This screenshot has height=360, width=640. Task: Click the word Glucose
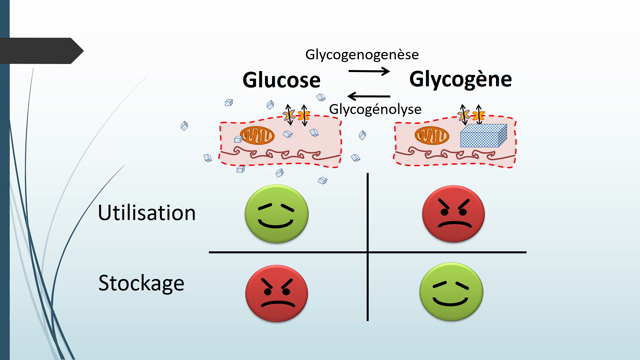[x=281, y=80]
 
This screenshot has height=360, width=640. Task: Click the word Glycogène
[x=460, y=78]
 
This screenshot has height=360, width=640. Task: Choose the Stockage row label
[x=141, y=283]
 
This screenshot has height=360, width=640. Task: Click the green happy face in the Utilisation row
[x=275, y=211]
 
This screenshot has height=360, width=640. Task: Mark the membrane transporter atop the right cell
[x=470, y=114]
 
